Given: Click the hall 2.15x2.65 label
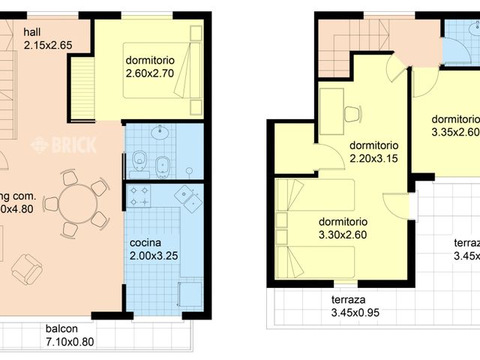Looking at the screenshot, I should (x=48, y=38).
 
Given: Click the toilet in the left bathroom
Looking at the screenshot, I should (x=138, y=160).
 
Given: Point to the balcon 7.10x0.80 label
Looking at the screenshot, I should (x=70, y=334).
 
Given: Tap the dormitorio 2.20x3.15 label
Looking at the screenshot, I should (x=373, y=151).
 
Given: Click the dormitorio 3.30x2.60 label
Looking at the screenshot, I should (x=343, y=228).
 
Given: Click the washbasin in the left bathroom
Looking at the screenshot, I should (x=160, y=133).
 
